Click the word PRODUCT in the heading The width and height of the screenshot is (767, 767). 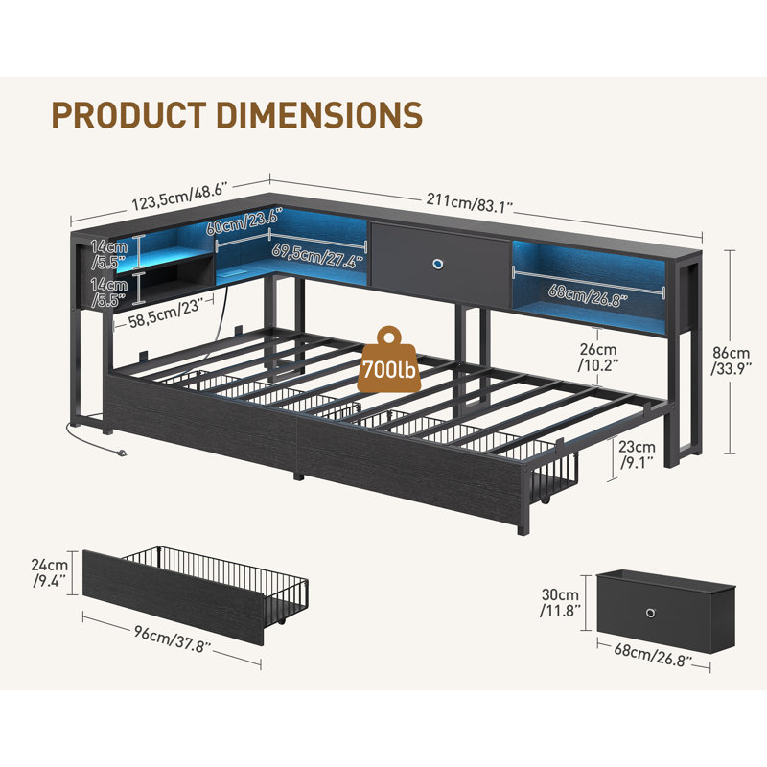tap(128, 115)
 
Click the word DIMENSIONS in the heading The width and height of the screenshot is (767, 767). tap(319, 115)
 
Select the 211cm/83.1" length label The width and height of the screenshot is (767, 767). tap(470, 203)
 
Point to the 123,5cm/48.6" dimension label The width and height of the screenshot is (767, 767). tap(179, 196)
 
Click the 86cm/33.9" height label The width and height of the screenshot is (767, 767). tap(731, 360)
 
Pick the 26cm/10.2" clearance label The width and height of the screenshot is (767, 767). tap(598, 357)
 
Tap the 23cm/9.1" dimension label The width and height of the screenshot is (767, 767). tap(637, 453)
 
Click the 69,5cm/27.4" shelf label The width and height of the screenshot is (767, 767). tap(318, 254)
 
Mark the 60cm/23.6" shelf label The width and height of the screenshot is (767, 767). tap(244, 221)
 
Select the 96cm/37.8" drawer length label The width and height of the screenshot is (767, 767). tap(173, 639)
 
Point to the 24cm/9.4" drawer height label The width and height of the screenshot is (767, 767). tap(50, 572)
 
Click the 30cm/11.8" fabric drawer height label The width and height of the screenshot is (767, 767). tap(560, 603)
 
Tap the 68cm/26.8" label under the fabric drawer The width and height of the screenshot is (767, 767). tap(654, 656)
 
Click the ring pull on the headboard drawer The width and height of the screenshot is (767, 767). tap(438, 266)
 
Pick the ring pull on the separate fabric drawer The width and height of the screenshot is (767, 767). tap(651, 614)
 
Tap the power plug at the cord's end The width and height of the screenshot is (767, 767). tap(121, 453)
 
